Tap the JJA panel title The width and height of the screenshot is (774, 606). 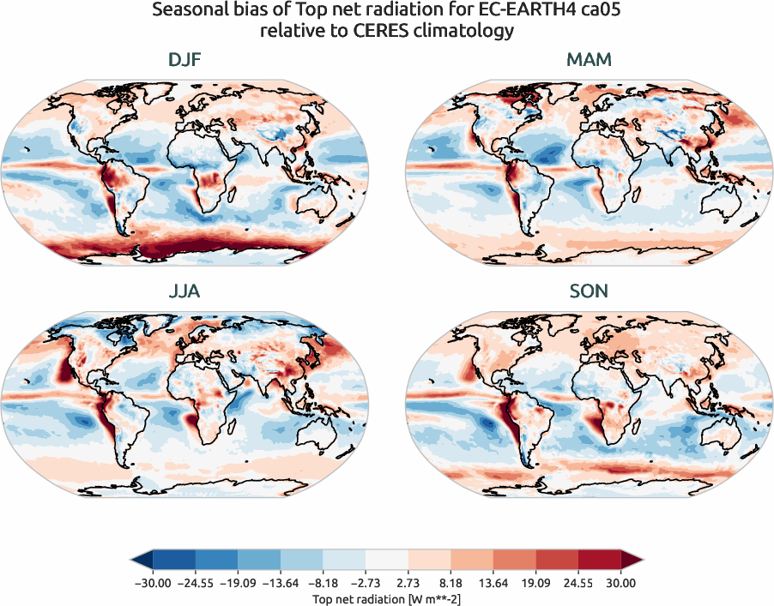[x=185, y=291]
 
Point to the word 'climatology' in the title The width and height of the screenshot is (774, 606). [x=473, y=31]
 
